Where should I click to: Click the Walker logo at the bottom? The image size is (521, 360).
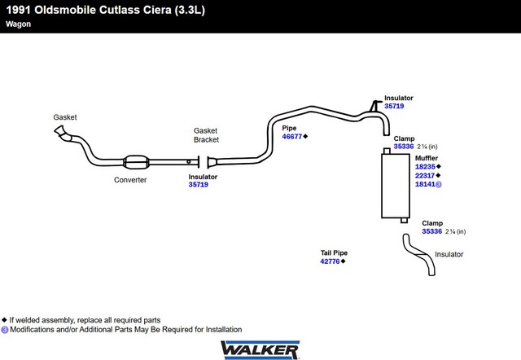click(x=260, y=349)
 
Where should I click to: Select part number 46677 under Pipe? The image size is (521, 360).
click(x=292, y=137)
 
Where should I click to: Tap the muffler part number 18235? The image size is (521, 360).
click(x=425, y=167)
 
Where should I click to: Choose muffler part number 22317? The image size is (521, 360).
click(x=425, y=175)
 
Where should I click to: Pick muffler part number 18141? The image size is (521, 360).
click(x=425, y=184)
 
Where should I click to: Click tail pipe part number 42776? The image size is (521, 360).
click(x=330, y=261)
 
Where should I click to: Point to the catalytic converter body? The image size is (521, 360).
click(x=136, y=162)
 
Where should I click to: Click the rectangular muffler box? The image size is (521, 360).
click(x=396, y=186)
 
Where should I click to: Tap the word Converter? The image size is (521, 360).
click(x=130, y=180)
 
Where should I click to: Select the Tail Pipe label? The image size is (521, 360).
click(x=334, y=253)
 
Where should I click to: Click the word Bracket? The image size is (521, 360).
click(x=206, y=139)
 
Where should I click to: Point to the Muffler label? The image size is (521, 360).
click(x=427, y=158)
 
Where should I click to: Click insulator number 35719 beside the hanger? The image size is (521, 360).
click(x=394, y=106)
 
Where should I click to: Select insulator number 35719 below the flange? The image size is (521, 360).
click(x=199, y=185)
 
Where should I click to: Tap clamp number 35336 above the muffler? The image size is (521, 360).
click(x=404, y=147)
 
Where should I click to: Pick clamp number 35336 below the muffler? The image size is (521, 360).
click(x=432, y=231)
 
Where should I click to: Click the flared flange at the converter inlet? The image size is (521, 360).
click(x=59, y=130)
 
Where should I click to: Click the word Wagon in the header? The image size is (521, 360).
click(x=18, y=24)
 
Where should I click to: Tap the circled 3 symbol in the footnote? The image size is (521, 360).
click(x=5, y=330)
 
